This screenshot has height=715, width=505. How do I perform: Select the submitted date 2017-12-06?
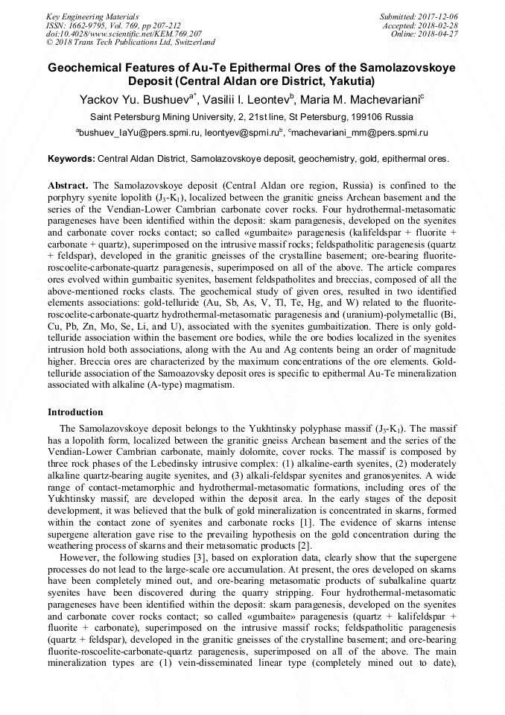[x=439, y=16]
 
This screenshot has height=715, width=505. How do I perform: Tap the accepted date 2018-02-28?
[x=439, y=25]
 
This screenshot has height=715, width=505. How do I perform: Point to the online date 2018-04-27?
[x=439, y=34]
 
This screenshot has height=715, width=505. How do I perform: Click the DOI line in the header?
[x=124, y=34]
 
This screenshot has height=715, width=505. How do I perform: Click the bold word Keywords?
[x=71, y=159]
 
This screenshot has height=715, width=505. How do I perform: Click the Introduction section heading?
[x=75, y=412]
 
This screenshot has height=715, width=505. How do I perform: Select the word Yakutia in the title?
[x=348, y=81]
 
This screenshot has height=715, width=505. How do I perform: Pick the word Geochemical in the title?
[x=86, y=67]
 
